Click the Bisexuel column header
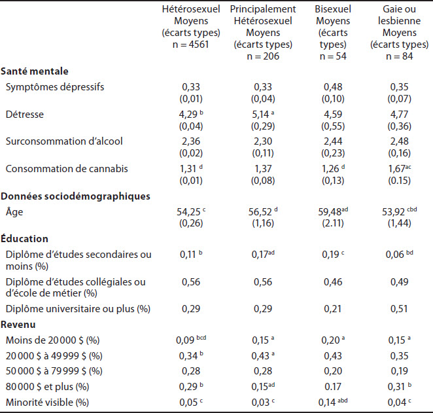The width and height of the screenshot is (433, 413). [333, 9]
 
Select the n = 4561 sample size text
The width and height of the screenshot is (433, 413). [190, 45]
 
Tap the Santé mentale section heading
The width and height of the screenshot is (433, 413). [35, 71]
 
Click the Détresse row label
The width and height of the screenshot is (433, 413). [25, 115]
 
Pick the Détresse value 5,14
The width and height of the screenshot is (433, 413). [260, 115]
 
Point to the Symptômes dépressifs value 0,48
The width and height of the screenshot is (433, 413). [333, 87]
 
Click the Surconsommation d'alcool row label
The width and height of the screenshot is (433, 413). [64, 141]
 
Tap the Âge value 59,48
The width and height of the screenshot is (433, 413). [330, 212]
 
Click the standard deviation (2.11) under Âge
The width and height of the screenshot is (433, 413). [333, 223]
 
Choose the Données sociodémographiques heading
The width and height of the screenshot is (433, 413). [75, 196]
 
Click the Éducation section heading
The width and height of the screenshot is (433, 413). [24, 238]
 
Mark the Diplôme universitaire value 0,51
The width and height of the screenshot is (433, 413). [399, 308]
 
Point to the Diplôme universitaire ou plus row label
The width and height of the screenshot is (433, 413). [78, 309]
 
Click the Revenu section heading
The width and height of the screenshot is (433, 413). [18, 325]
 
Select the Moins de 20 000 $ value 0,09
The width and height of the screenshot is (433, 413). [185, 340]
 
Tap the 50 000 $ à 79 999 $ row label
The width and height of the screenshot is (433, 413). [54, 371]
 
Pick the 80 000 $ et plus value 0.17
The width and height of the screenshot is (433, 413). [333, 387]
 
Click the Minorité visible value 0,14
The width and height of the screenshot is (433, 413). [327, 403]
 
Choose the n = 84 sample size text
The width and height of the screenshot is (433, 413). [399, 56]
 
